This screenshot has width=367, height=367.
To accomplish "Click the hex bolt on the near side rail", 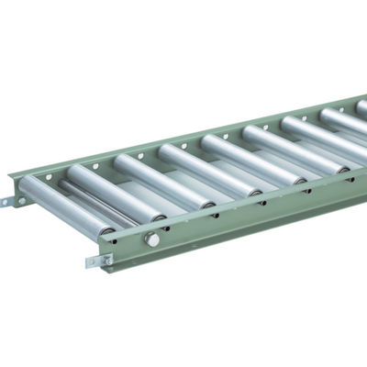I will [x=152, y=239].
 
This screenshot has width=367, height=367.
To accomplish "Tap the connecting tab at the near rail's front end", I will [x=98, y=262].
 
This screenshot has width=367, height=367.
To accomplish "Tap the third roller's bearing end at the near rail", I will [x=210, y=204].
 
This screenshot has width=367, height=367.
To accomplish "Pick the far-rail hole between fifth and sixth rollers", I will [x=227, y=134].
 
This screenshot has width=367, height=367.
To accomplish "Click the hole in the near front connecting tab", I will [x=94, y=263].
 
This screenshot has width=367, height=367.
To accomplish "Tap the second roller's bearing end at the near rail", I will [x=161, y=217].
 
